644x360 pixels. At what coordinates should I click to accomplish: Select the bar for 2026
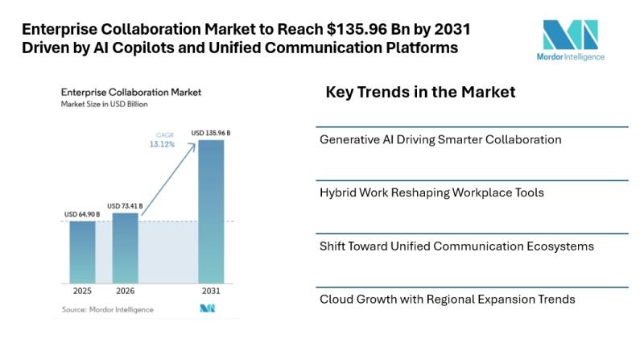125,247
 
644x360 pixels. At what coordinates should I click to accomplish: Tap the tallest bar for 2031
211,211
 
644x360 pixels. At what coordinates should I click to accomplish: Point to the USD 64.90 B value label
82,214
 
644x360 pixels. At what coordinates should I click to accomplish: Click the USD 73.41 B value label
125,206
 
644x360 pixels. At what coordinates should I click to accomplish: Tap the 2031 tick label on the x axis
211,291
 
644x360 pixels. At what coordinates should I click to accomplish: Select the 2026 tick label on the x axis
125,291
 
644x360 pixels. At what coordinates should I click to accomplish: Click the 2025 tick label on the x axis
82,291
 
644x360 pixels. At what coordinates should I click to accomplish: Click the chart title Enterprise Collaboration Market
131,93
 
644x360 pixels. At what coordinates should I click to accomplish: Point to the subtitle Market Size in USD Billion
105,105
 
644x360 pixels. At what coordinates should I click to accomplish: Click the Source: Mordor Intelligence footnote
107,309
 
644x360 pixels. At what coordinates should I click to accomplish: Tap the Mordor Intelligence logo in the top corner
570,39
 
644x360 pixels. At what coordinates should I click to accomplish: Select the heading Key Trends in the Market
420,93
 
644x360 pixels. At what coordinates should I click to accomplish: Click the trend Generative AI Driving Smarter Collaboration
440,139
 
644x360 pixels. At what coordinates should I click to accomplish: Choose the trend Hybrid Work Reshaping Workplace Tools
431,192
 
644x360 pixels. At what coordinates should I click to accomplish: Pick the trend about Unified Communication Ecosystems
456,246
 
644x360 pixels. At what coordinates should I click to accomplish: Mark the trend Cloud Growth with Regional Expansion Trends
447,299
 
